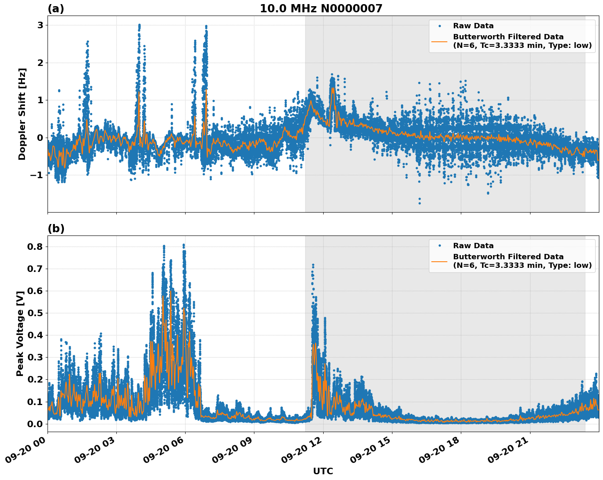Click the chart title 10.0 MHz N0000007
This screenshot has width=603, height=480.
321,9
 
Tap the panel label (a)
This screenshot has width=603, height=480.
56,9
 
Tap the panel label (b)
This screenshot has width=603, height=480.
56,229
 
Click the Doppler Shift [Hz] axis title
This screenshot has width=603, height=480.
22,114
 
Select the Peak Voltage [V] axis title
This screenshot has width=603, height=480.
20,333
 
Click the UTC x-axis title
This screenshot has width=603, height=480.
323,471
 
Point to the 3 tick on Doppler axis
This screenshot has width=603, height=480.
40,25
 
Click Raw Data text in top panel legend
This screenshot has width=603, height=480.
473,26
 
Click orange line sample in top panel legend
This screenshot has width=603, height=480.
439,41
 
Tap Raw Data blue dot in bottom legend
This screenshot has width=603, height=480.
440,246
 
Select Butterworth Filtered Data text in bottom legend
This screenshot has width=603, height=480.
508,257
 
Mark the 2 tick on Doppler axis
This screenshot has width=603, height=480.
40,63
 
